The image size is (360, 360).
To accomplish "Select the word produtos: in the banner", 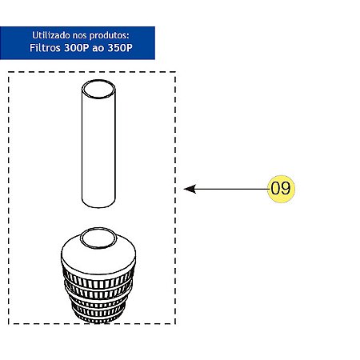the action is point(109,36).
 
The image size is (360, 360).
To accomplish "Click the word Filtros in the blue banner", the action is point(45,48).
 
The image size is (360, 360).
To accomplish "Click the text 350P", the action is point(120,48).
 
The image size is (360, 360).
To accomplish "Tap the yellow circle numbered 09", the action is point(281,189).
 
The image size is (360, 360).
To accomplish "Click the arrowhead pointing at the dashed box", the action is point(190,189).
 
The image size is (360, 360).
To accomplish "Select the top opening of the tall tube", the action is point(98,90).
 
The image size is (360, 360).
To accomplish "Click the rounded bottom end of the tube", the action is point(98,202).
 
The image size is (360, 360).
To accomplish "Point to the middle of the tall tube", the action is point(98,144).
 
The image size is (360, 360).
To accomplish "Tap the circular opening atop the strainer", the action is point(98,238).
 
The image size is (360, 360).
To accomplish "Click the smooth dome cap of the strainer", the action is point(98,254).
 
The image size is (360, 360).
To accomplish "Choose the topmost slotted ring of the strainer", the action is point(98,280).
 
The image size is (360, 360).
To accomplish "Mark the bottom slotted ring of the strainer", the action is point(98,318).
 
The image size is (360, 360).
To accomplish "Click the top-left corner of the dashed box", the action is point(9,72).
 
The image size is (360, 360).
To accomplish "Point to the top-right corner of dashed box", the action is point(175,72).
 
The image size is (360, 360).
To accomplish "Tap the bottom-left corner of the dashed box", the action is point(9,324).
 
